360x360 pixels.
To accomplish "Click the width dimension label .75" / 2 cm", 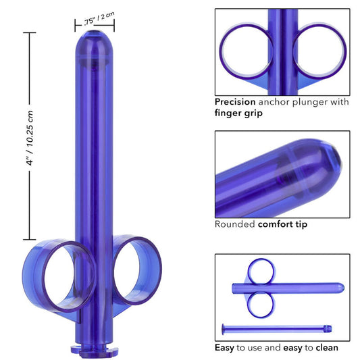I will (x=94, y=20).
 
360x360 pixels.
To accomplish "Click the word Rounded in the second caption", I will (x=234, y=224).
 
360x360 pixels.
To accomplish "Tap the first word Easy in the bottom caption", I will (x=226, y=348).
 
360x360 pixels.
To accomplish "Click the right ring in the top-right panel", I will (x=320, y=50).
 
